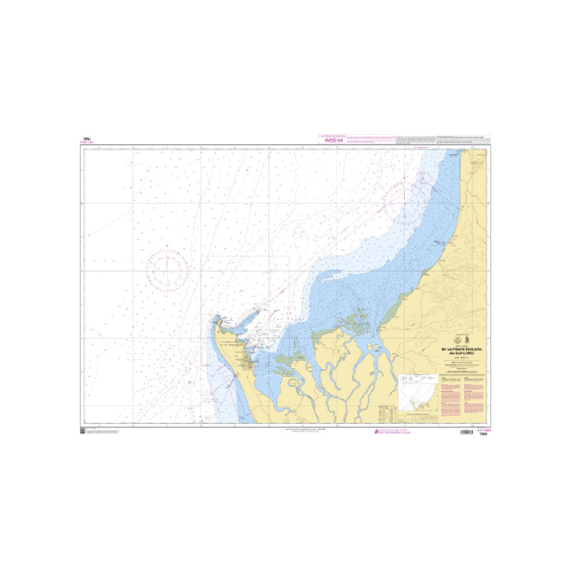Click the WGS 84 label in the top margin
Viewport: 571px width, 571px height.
[x=334, y=141]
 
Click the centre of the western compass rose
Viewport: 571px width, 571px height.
[x=168, y=268]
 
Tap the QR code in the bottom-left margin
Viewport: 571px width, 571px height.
[x=83, y=430]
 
